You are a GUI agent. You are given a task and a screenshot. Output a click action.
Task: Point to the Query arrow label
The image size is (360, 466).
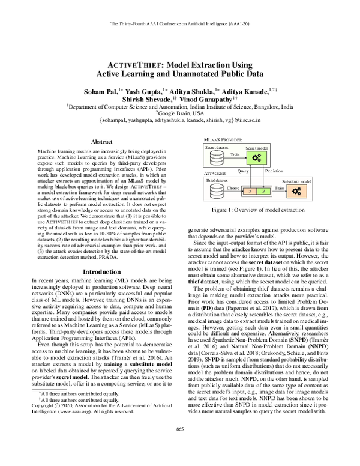point(243,171)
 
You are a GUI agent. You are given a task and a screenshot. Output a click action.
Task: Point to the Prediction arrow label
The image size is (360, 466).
point(275,171)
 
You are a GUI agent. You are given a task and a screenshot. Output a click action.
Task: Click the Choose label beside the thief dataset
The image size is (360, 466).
point(232,188)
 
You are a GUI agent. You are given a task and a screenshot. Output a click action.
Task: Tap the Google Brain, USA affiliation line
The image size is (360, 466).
point(179,112)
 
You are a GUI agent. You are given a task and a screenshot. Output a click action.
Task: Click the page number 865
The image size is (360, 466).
point(179,444)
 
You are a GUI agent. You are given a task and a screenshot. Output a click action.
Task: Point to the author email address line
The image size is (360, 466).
point(179,120)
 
